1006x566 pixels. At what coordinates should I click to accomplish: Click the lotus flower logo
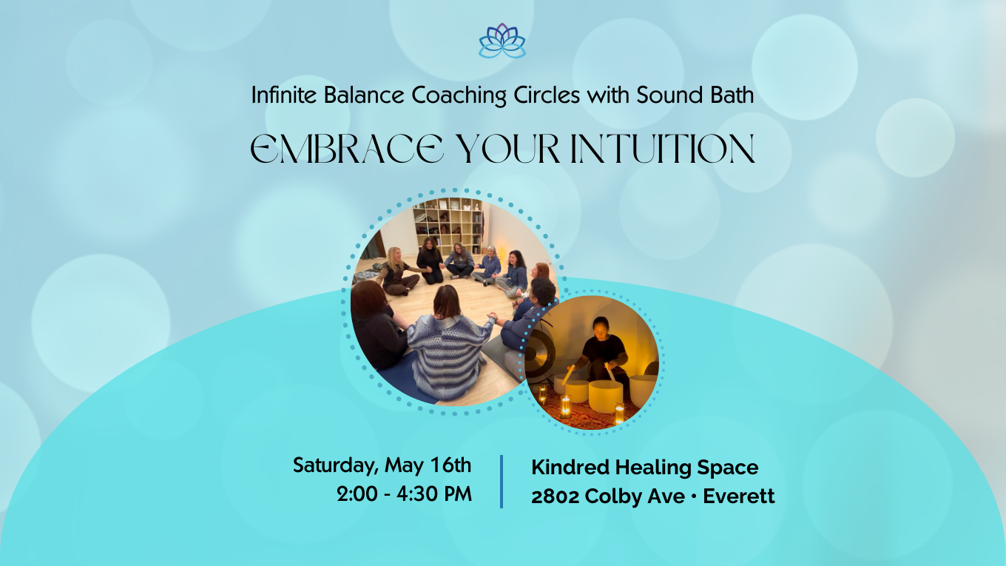(502, 41)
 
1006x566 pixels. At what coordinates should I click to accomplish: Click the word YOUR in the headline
(504, 149)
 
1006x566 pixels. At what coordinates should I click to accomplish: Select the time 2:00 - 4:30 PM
(404, 494)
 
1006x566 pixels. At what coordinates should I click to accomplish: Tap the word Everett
(739, 496)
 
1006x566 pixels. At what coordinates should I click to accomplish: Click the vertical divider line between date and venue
(502, 481)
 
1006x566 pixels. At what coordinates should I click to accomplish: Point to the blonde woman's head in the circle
(394, 255)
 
